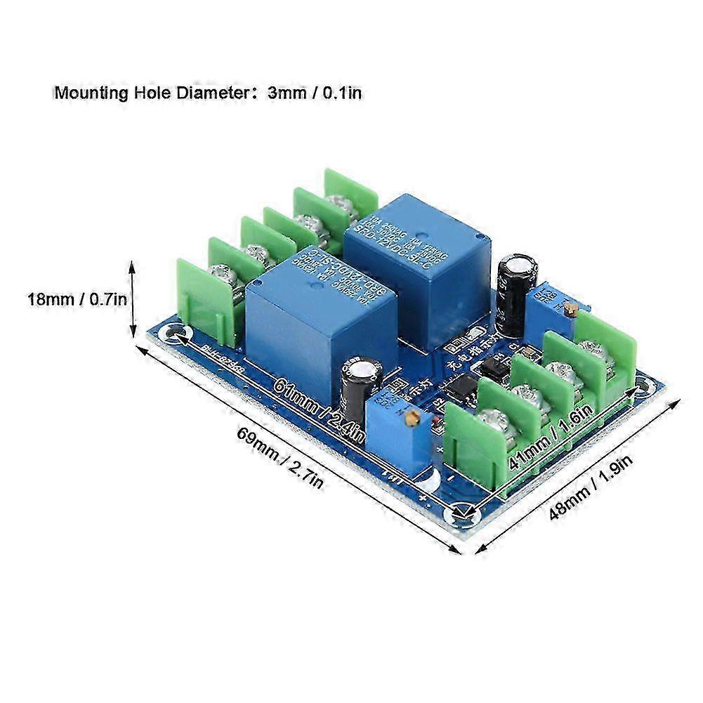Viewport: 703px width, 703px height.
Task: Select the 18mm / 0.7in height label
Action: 77,299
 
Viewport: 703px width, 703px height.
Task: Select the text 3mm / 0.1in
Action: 315,92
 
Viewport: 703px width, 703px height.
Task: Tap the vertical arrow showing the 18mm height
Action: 131,298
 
